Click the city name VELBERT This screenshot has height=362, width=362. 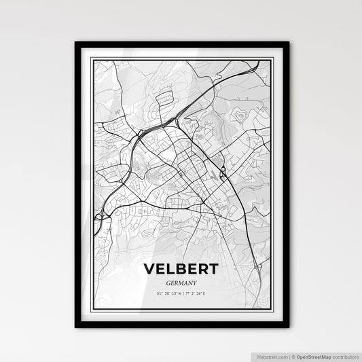(181, 270)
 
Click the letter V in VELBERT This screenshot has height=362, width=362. (150, 270)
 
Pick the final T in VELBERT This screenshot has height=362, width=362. (212, 270)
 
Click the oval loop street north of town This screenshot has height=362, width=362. (166, 101)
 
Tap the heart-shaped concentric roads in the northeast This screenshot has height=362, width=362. (240, 116)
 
